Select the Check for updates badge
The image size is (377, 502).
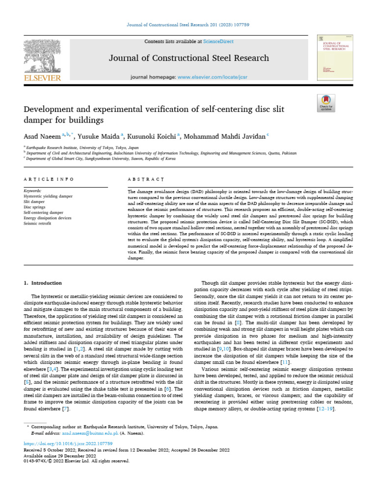tap(326, 102)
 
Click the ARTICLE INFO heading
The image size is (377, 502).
tap(49, 180)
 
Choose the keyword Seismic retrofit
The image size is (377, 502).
tap(39, 223)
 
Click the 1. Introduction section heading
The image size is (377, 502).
tap(43, 283)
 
